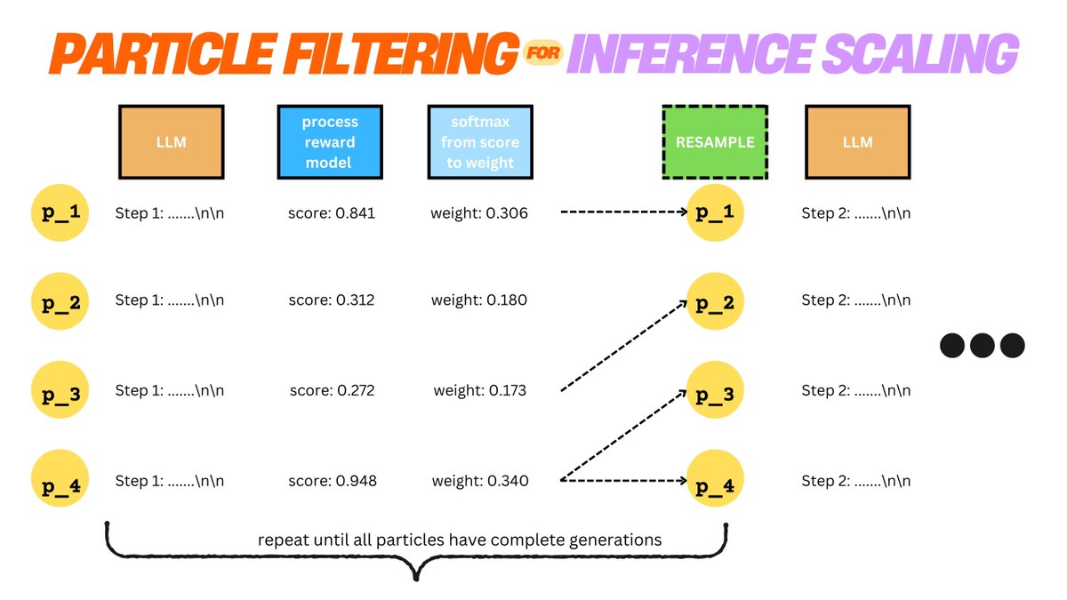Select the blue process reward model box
coord(330,141)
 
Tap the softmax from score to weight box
coord(480,141)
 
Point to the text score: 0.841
coord(332,213)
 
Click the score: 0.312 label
coord(332,300)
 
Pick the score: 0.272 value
coord(332,390)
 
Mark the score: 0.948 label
coord(332,481)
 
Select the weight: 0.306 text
coord(480,213)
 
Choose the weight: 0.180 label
coord(480,300)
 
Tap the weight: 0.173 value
coord(480,390)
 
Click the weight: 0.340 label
coord(480,481)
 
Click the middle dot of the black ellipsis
coord(982,346)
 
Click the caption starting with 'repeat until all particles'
coord(460,540)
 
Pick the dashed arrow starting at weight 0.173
coord(624,346)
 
